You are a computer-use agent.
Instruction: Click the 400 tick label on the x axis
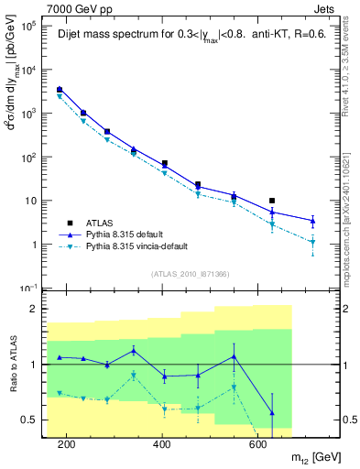click(x=163, y=444)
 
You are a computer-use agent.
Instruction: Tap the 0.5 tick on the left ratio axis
click(x=36, y=420)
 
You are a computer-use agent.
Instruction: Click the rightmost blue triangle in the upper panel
click(x=313, y=221)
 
